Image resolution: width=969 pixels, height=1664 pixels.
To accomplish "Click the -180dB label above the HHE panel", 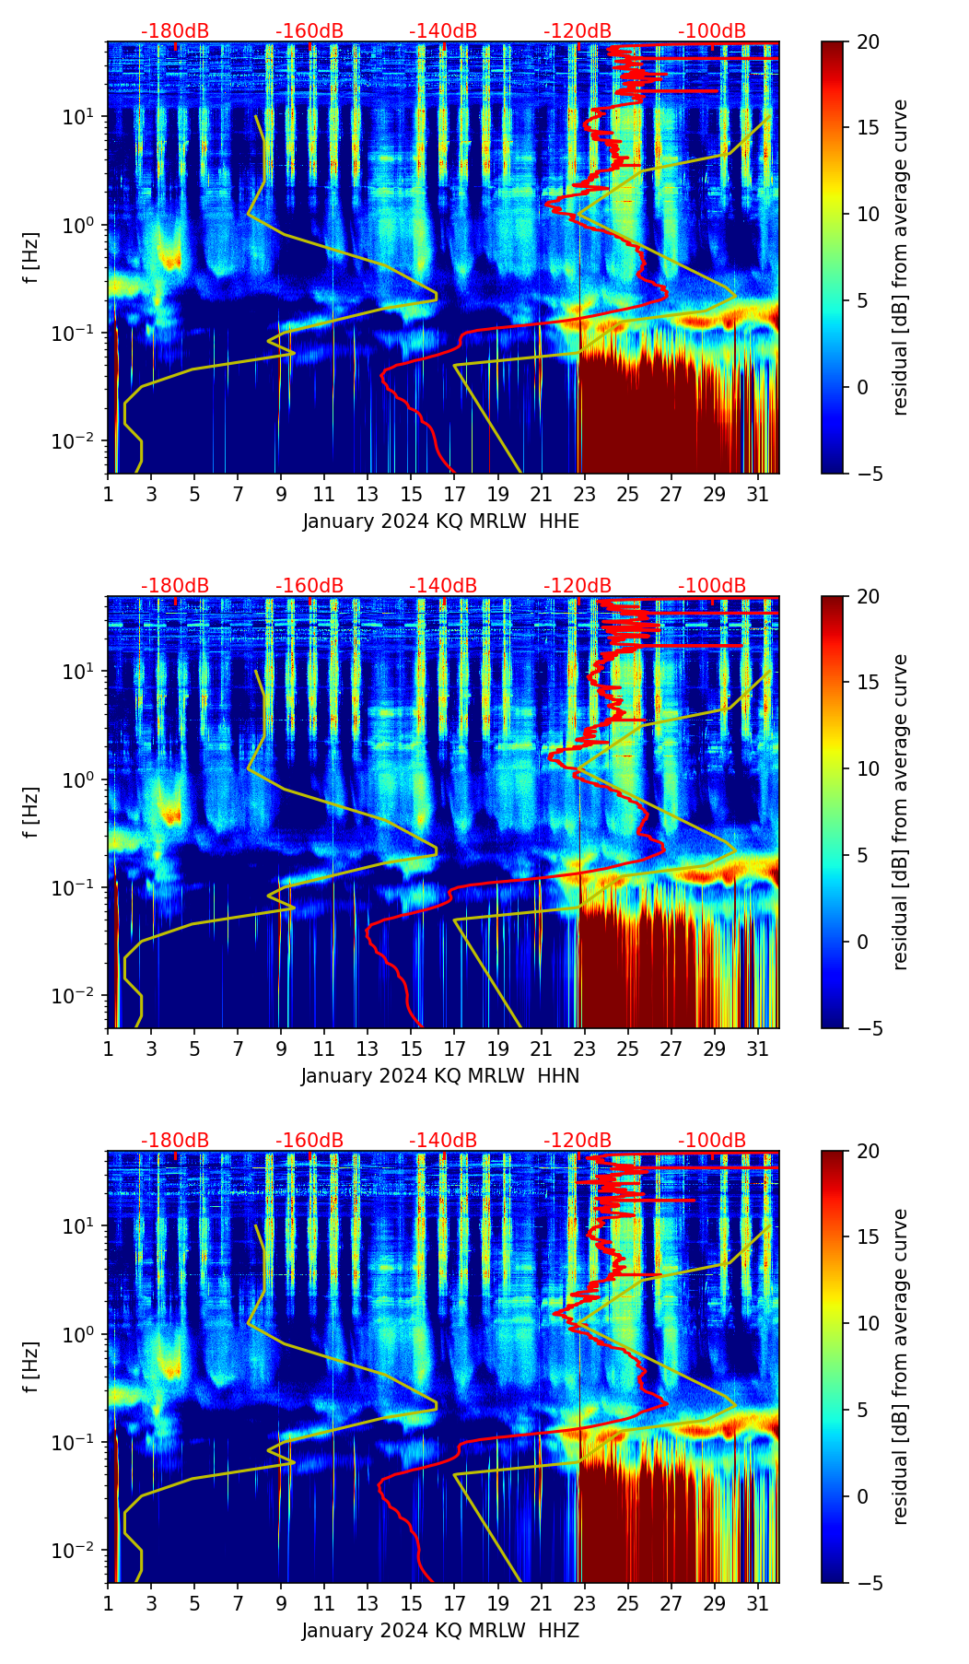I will click(x=175, y=31).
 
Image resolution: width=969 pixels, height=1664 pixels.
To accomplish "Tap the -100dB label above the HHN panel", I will click(x=712, y=586).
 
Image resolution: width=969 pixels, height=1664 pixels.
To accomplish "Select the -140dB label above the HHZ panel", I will click(x=443, y=1141).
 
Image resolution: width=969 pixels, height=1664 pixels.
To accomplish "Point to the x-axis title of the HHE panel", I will click(x=441, y=521).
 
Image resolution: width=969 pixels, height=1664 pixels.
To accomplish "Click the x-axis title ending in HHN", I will click(x=440, y=1076).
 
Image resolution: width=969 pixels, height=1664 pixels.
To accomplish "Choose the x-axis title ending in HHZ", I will click(x=440, y=1631).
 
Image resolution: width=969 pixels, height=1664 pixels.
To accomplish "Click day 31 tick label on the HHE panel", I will click(x=758, y=494).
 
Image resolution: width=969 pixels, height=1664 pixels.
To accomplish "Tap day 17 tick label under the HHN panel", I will click(x=454, y=1049).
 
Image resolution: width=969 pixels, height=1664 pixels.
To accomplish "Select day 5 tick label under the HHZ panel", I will click(x=194, y=1603).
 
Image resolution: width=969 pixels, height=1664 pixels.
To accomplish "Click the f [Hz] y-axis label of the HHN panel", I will click(x=31, y=812).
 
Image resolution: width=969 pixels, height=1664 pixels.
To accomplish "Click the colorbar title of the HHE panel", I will click(x=901, y=257).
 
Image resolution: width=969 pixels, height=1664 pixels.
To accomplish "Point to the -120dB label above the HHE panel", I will click(x=578, y=31).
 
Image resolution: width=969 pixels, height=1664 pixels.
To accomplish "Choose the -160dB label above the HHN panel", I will click(x=309, y=586).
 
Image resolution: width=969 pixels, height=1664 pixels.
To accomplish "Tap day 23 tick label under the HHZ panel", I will click(x=584, y=1603).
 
